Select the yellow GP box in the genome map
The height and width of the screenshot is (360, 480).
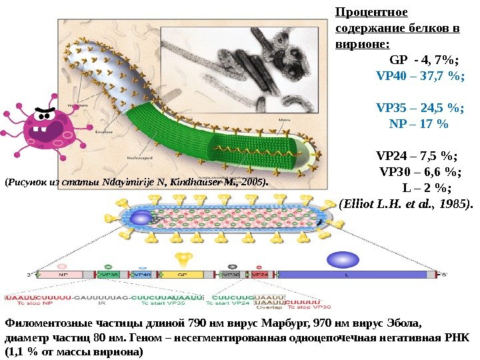tap(180, 273)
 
